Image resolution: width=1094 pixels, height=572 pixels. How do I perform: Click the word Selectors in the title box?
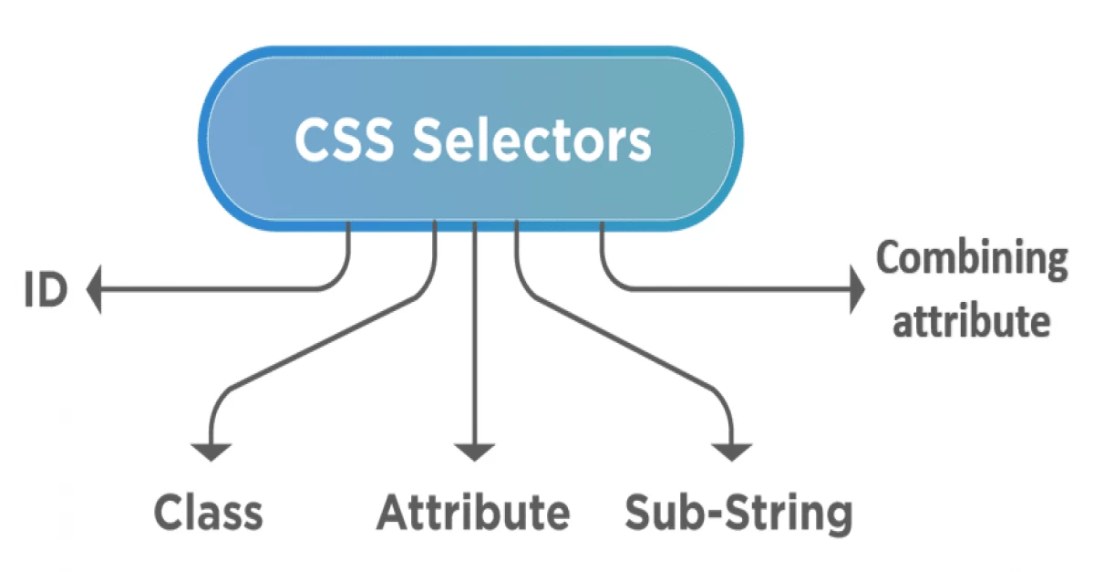(532, 139)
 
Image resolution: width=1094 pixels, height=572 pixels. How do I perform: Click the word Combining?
(971, 261)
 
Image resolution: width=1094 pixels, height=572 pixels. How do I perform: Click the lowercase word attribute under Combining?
(971, 321)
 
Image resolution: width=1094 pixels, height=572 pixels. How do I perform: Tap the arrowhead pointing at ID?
(94, 292)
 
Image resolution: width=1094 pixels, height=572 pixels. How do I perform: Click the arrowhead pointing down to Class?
(212, 451)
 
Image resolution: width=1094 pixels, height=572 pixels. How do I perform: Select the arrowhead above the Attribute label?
(474, 451)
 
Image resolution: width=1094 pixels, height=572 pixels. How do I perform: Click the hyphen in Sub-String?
(712, 515)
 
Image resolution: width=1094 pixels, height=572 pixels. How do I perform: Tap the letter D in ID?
(54, 292)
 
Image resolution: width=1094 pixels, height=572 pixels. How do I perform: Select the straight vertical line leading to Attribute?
(474, 338)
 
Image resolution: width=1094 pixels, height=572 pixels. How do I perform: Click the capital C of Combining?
(890, 259)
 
